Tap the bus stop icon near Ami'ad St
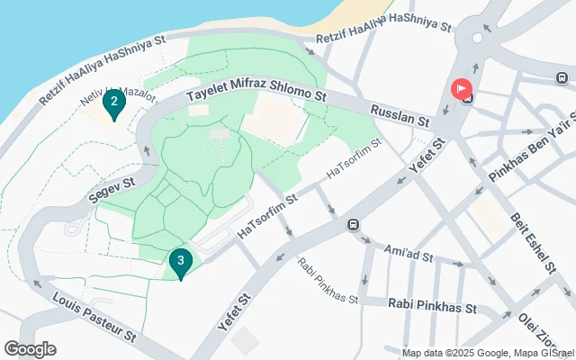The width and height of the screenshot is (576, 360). tap(354, 224)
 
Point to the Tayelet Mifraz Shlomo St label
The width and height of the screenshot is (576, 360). tap(255, 94)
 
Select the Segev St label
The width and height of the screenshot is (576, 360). tap(112, 187)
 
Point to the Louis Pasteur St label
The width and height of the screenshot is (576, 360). tap(94, 316)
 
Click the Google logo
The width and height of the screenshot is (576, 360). tap(30, 349)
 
